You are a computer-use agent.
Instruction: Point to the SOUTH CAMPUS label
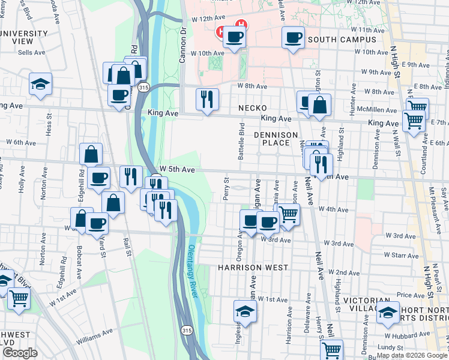342,40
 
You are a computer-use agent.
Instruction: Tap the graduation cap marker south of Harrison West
245,311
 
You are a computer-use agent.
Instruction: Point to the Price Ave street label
411,295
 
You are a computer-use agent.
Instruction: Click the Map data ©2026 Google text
411,355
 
